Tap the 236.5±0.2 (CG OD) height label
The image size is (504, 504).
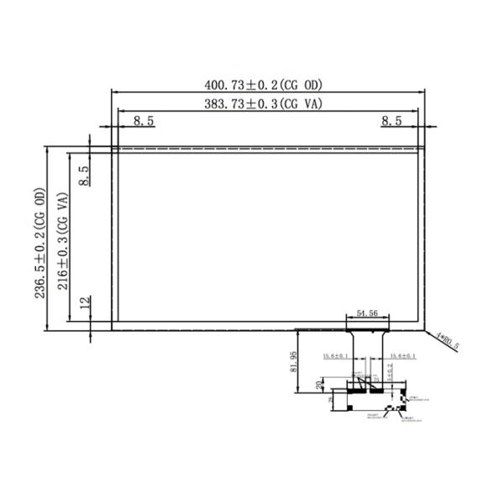(39, 238)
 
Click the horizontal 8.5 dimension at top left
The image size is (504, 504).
(144, 121)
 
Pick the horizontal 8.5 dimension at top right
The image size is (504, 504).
(391, 121)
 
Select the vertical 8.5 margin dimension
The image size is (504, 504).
(83, 175)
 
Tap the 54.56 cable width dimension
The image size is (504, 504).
(366, 313)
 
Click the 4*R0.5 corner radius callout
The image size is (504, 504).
(447, 340)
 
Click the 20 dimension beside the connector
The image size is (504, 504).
(318, 385)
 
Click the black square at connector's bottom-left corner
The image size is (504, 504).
(332, 407)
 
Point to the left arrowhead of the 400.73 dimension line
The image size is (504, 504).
(115, 92)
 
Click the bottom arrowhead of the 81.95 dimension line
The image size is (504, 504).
(302, 391)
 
